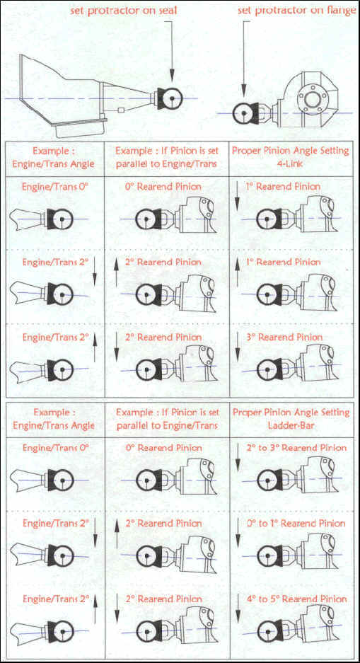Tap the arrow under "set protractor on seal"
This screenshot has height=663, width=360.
(173, 51)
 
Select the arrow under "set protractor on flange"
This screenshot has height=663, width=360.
(243, 60)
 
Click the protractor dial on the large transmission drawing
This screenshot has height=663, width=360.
(172, 98)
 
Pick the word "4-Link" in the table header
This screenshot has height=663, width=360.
(292, 163)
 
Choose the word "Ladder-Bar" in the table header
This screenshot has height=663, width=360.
(291, 425)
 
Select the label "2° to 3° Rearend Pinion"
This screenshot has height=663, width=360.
(296, 448)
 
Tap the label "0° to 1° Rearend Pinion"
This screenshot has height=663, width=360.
(296, 524)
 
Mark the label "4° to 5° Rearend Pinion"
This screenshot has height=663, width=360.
(296, 599)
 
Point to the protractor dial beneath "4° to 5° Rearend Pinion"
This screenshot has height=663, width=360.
(267, 632)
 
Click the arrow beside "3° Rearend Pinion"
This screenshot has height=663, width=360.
(238, 346)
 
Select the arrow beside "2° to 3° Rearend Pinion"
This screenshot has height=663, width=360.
(238, 456)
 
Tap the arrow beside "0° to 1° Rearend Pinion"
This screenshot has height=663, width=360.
(238, 532)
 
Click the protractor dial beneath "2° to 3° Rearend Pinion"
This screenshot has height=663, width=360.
(267, 480)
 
